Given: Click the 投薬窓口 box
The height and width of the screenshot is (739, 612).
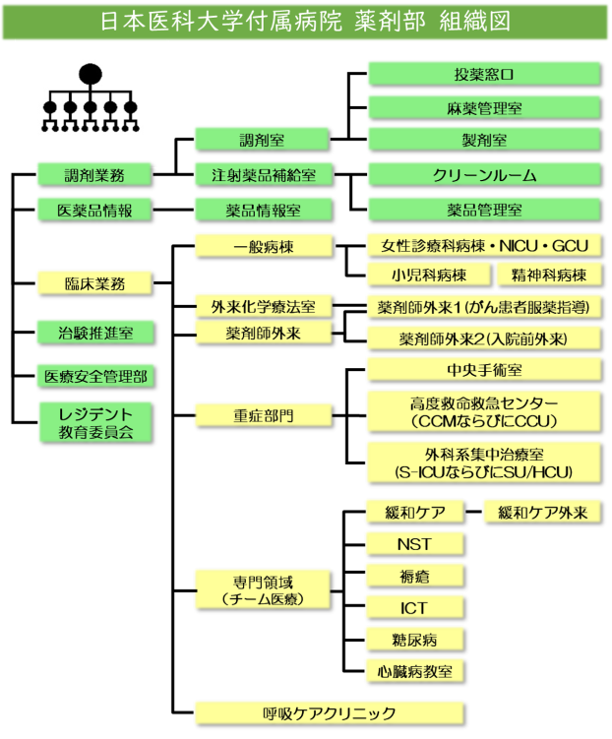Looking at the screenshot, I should click(x=484, y=74).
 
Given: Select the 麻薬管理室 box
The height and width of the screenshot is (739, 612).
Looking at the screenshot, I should click(x=484, y=107).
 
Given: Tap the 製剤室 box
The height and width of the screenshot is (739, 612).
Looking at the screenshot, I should click(x=484, y=140).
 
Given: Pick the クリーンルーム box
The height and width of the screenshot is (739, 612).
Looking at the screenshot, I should click(x=484, y=175).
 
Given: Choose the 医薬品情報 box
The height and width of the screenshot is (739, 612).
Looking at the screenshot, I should click(x=96, y=210).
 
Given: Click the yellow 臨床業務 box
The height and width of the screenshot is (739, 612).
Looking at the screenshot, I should click(x=96, y=283).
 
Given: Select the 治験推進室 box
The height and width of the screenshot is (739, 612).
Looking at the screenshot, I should click(x=96, y=333).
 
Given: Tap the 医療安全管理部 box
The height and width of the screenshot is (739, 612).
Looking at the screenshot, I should click(x=96, y=376).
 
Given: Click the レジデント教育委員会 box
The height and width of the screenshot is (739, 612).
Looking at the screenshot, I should click(x=96, y=422).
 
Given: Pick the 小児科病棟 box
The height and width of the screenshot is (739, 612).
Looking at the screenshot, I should click(x=428, y=275).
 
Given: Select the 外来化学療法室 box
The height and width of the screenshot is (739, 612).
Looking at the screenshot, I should click(x=263, y=307).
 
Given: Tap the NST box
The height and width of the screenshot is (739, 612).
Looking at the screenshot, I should click(x=414, y=543).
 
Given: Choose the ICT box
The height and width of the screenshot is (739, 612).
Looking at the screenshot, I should click(x=414, y=607).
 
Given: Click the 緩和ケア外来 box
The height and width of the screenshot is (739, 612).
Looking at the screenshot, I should click(x=543, y=512).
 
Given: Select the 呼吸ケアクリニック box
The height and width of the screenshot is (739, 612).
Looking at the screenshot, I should click(x=329, y=713).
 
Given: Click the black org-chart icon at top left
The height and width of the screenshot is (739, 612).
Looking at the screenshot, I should click(x=91, y=98).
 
